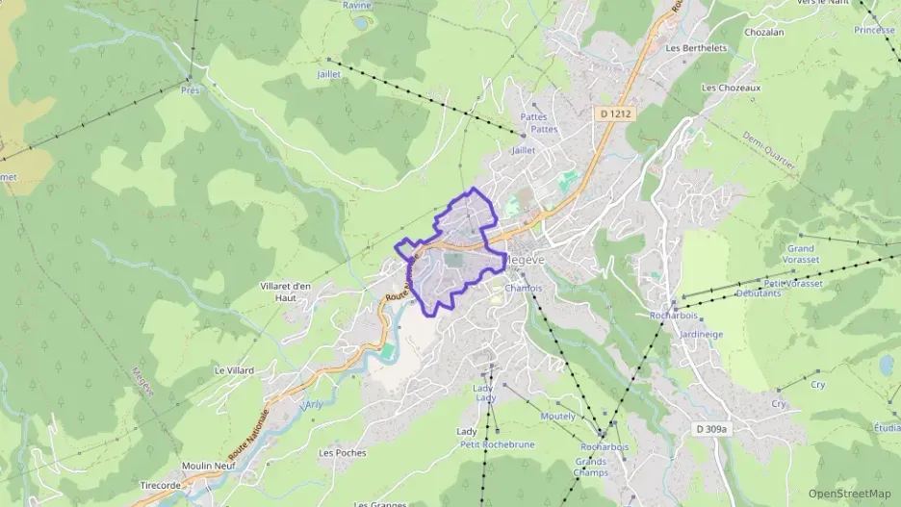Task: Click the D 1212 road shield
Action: tap(615, 113)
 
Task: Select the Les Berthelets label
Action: tap(696, 48)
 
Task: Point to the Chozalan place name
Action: tap(763, 31)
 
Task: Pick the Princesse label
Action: tap(873, 30)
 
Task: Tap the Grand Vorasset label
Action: tap(800, 254)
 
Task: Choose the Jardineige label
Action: tap(701, 335)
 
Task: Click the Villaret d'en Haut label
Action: tap(286, 292)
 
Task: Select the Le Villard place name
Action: tap(234, 370)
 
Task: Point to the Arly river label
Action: tap(313, 404)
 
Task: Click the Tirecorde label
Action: tap(161, 485)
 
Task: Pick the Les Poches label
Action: tap(343, 452)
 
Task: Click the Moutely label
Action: tap(558, 417)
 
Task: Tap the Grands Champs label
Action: tap(590, 467)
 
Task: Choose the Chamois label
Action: tap(524, 287)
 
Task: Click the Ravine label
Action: tap(357, 5)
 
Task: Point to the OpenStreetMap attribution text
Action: tap(849, 494)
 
